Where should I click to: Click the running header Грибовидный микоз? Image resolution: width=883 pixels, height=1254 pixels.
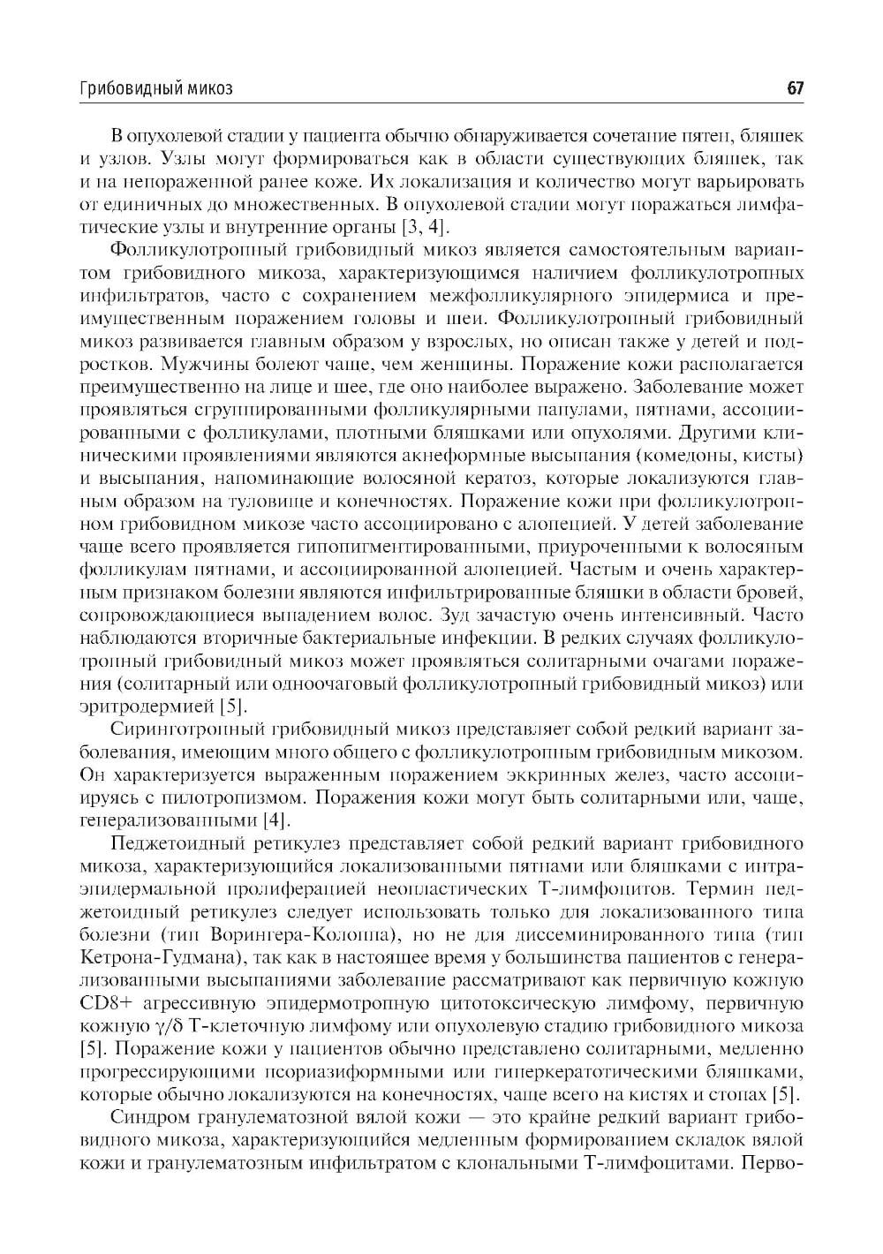point(156,88)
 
